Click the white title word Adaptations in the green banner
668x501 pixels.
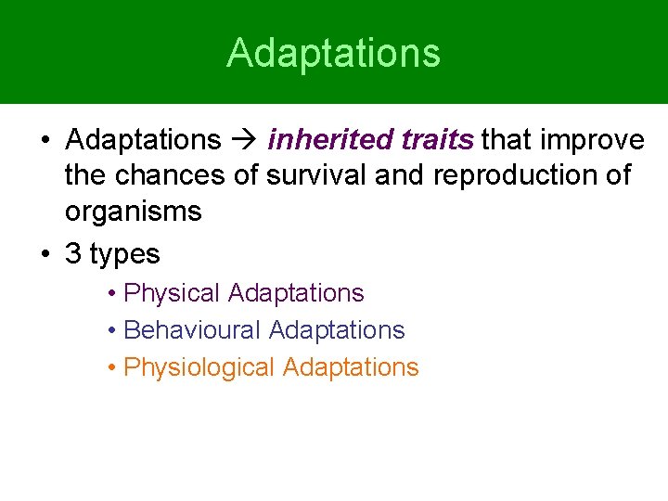click(x=333, y=53)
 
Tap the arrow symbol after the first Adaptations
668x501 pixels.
click(x=244, y=141)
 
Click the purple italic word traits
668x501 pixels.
click(x=438, y=140)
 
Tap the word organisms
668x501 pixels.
click(x=133, y=212)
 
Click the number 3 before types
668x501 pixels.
click(x=73, y=253)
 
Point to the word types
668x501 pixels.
click(x=124, y=255)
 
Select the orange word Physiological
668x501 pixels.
click(x=199, y=367)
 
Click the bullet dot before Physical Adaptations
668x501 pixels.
click(x=110, y=294)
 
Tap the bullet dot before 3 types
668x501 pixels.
click(x=45, y=254)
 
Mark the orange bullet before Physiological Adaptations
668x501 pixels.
click(x=110, y=368)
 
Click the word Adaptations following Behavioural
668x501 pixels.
click(x=337, y=330)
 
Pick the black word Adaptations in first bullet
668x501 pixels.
click(x=143, y=140)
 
